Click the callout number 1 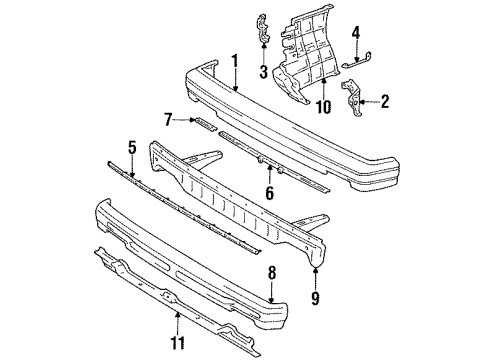pyautogui.click(x=235, y=63)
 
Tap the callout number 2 pyautogui.click(x=385, y=101)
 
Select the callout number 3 pyautogui.click(x=264, y=72)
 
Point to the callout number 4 pyautogui.click(x=356, y=33)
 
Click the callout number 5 pyautogui.click(x=132, y=147)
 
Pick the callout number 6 pyautogui.click(x=269, y=193)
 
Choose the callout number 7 pyautogui.click(x=169, y=120)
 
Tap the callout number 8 pyautogui.click(x=272, y=273)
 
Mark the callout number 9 pyautogui.click(x=315, y=298)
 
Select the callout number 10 pyautogui.click(x=323, y=107)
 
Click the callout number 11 pyautogui.click(x=178, y=343)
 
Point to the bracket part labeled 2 pyautogui.click(x=351, y=98)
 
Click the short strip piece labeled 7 pyautogui.click(x=205, y=124)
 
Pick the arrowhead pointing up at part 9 pyautogui.click(x=315, y=269)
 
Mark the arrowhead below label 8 pyautogui.click(x=272, y=300)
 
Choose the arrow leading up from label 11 pyautogui.click(x=178, y=323)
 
